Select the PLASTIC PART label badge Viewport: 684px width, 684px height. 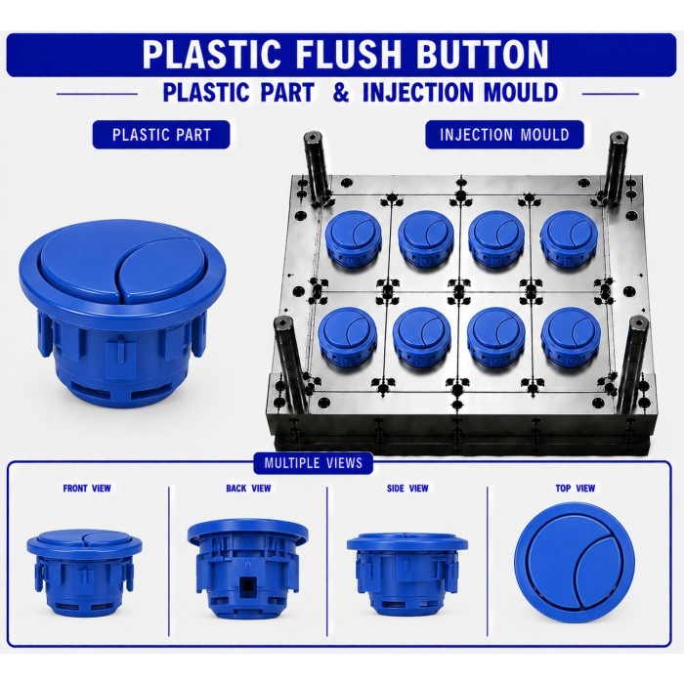click(x=161, y=135)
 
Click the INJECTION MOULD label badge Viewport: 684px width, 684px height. click(x=504, y=135)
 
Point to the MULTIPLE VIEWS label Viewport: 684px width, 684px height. click(x=314, y=463)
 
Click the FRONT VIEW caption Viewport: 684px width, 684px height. click(x=87, y=489)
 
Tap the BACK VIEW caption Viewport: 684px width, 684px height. click(x=248, y=489)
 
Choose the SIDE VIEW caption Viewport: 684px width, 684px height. click(x=407, y=489)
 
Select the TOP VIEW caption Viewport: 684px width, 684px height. click(x=575, y=489)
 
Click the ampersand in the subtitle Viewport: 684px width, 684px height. click(x=341, y=93)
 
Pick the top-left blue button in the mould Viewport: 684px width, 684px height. click(x=354, y=239)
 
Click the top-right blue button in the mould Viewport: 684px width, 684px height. click(x=569, y=239)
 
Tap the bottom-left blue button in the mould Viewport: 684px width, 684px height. click(x=346, y=337)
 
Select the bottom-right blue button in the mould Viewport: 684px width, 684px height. click(x=571, y=337)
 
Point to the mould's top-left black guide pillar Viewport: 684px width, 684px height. click(x=317, y=168)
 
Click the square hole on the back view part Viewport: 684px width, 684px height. click(x=248, y=585)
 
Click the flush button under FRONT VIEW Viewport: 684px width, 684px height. click(x=85, y=573)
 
